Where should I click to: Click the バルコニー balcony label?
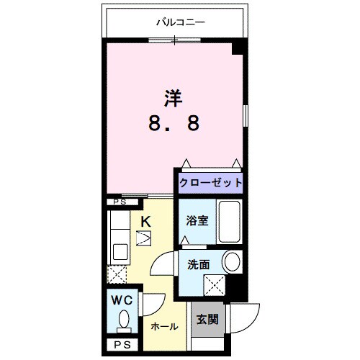(181, 22)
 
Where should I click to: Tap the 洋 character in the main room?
(173, 96)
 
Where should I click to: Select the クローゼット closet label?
(209, 182)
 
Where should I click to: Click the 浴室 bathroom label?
(197, 220)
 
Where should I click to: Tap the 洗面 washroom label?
(198, 264)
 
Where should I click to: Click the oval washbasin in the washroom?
(231, 261)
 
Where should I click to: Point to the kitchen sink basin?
(118, 253)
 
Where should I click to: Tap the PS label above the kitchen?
(119, 203)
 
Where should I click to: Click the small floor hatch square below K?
(144, 236)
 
